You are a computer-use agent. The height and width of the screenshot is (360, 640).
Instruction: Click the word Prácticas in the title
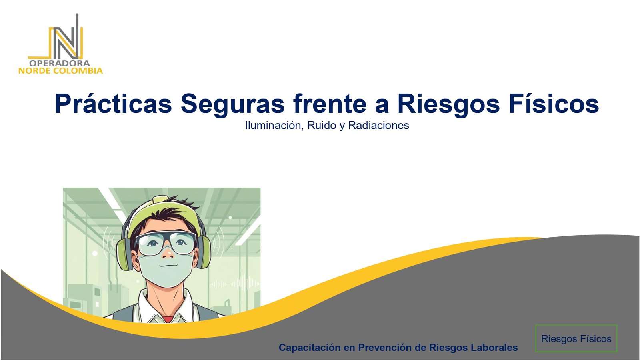(114, 104)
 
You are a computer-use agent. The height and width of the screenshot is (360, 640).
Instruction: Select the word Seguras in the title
(232, 104)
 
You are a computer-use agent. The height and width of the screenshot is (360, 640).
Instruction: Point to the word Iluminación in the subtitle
(274, 126)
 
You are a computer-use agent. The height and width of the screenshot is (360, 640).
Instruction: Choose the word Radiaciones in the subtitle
(378, 126)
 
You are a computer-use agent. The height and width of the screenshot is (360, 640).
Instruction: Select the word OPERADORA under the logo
(60, 63)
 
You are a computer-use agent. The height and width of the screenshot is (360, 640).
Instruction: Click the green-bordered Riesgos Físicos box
(576, 338)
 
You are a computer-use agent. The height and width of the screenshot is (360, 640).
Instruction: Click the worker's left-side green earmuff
(125, 254)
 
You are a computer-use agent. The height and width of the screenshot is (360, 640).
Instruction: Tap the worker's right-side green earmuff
(204, 253)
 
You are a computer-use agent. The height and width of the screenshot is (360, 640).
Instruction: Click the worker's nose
(168, 253)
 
